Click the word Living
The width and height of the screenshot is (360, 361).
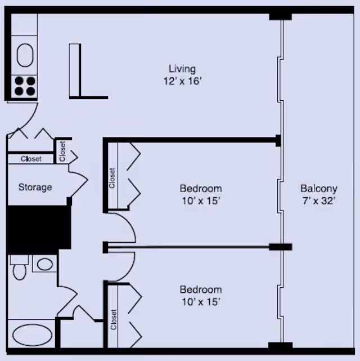click(x=182, y=69)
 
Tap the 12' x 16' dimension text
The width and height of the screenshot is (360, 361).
click(x=182, y=81)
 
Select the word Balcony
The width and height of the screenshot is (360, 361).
click(x=319, y=189)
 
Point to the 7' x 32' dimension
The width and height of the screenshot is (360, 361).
click(x=319, y=201)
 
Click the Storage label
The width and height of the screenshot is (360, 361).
click(x=35, y=187)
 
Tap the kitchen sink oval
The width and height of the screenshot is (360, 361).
click(x=25, y=55)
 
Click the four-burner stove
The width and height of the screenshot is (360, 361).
click(x=25, y=86)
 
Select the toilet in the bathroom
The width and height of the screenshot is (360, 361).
click(x=20, y=267)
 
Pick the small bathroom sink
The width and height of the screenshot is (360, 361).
click(x=44, y=264)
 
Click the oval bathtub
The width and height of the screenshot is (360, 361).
click(x=32, y=335)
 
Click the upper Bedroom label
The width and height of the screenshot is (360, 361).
click(x=201, y=189)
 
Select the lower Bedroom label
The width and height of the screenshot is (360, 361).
click(x=201, y=289)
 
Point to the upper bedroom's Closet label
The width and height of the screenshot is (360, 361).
click(x=112, y=178)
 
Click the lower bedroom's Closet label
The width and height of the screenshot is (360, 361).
click(x=113, y=319)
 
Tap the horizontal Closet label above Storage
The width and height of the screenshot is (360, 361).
click(x=31, y=159)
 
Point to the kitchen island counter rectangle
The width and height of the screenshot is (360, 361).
click(x=75, y=70)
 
